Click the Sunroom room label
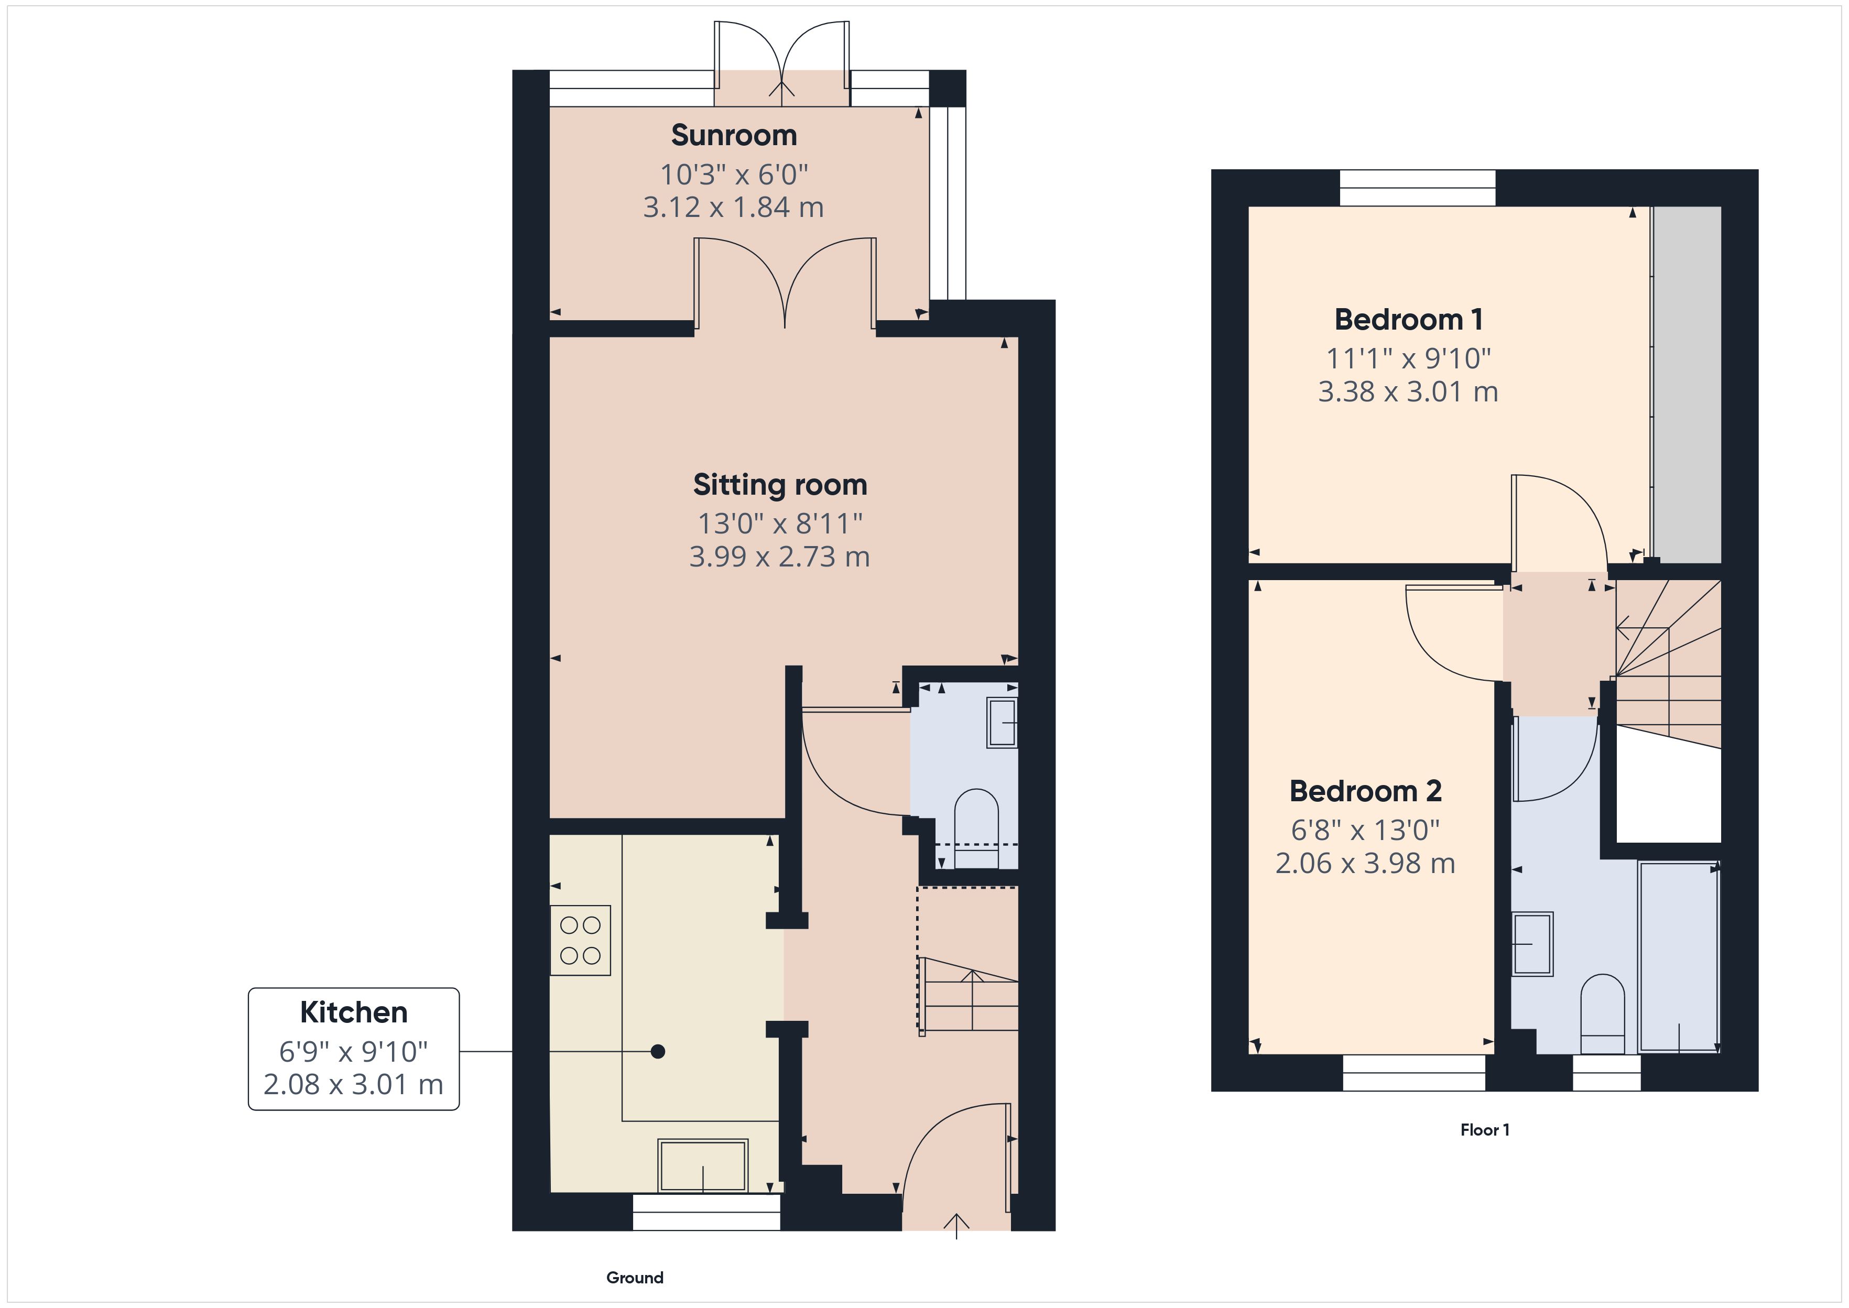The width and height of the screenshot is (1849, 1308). [x=734, y=135]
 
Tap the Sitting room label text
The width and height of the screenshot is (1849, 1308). [x=779, y=485]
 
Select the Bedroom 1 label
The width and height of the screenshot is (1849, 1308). [x=1408, y=320]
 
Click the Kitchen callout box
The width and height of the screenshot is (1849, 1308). [x=354, y=1049]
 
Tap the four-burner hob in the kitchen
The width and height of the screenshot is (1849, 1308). [x=580, y=940]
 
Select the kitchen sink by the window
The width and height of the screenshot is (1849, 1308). [x=703, y=1165]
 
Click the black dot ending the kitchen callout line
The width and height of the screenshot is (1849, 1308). [x=658, y=1051]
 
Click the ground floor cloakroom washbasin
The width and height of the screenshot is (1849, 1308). [x=1002, y=723]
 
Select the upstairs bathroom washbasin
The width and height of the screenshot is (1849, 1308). [x=1532, y=944]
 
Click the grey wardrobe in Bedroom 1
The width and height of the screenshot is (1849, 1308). [x=1687, y=384]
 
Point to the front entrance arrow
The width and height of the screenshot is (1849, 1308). [x=956, y=1225]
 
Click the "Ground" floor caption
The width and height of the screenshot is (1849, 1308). [x=635, y=1278]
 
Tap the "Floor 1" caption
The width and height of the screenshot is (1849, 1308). [x=1485, y=1130]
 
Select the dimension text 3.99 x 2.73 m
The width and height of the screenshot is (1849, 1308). [x=779, y=557]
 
